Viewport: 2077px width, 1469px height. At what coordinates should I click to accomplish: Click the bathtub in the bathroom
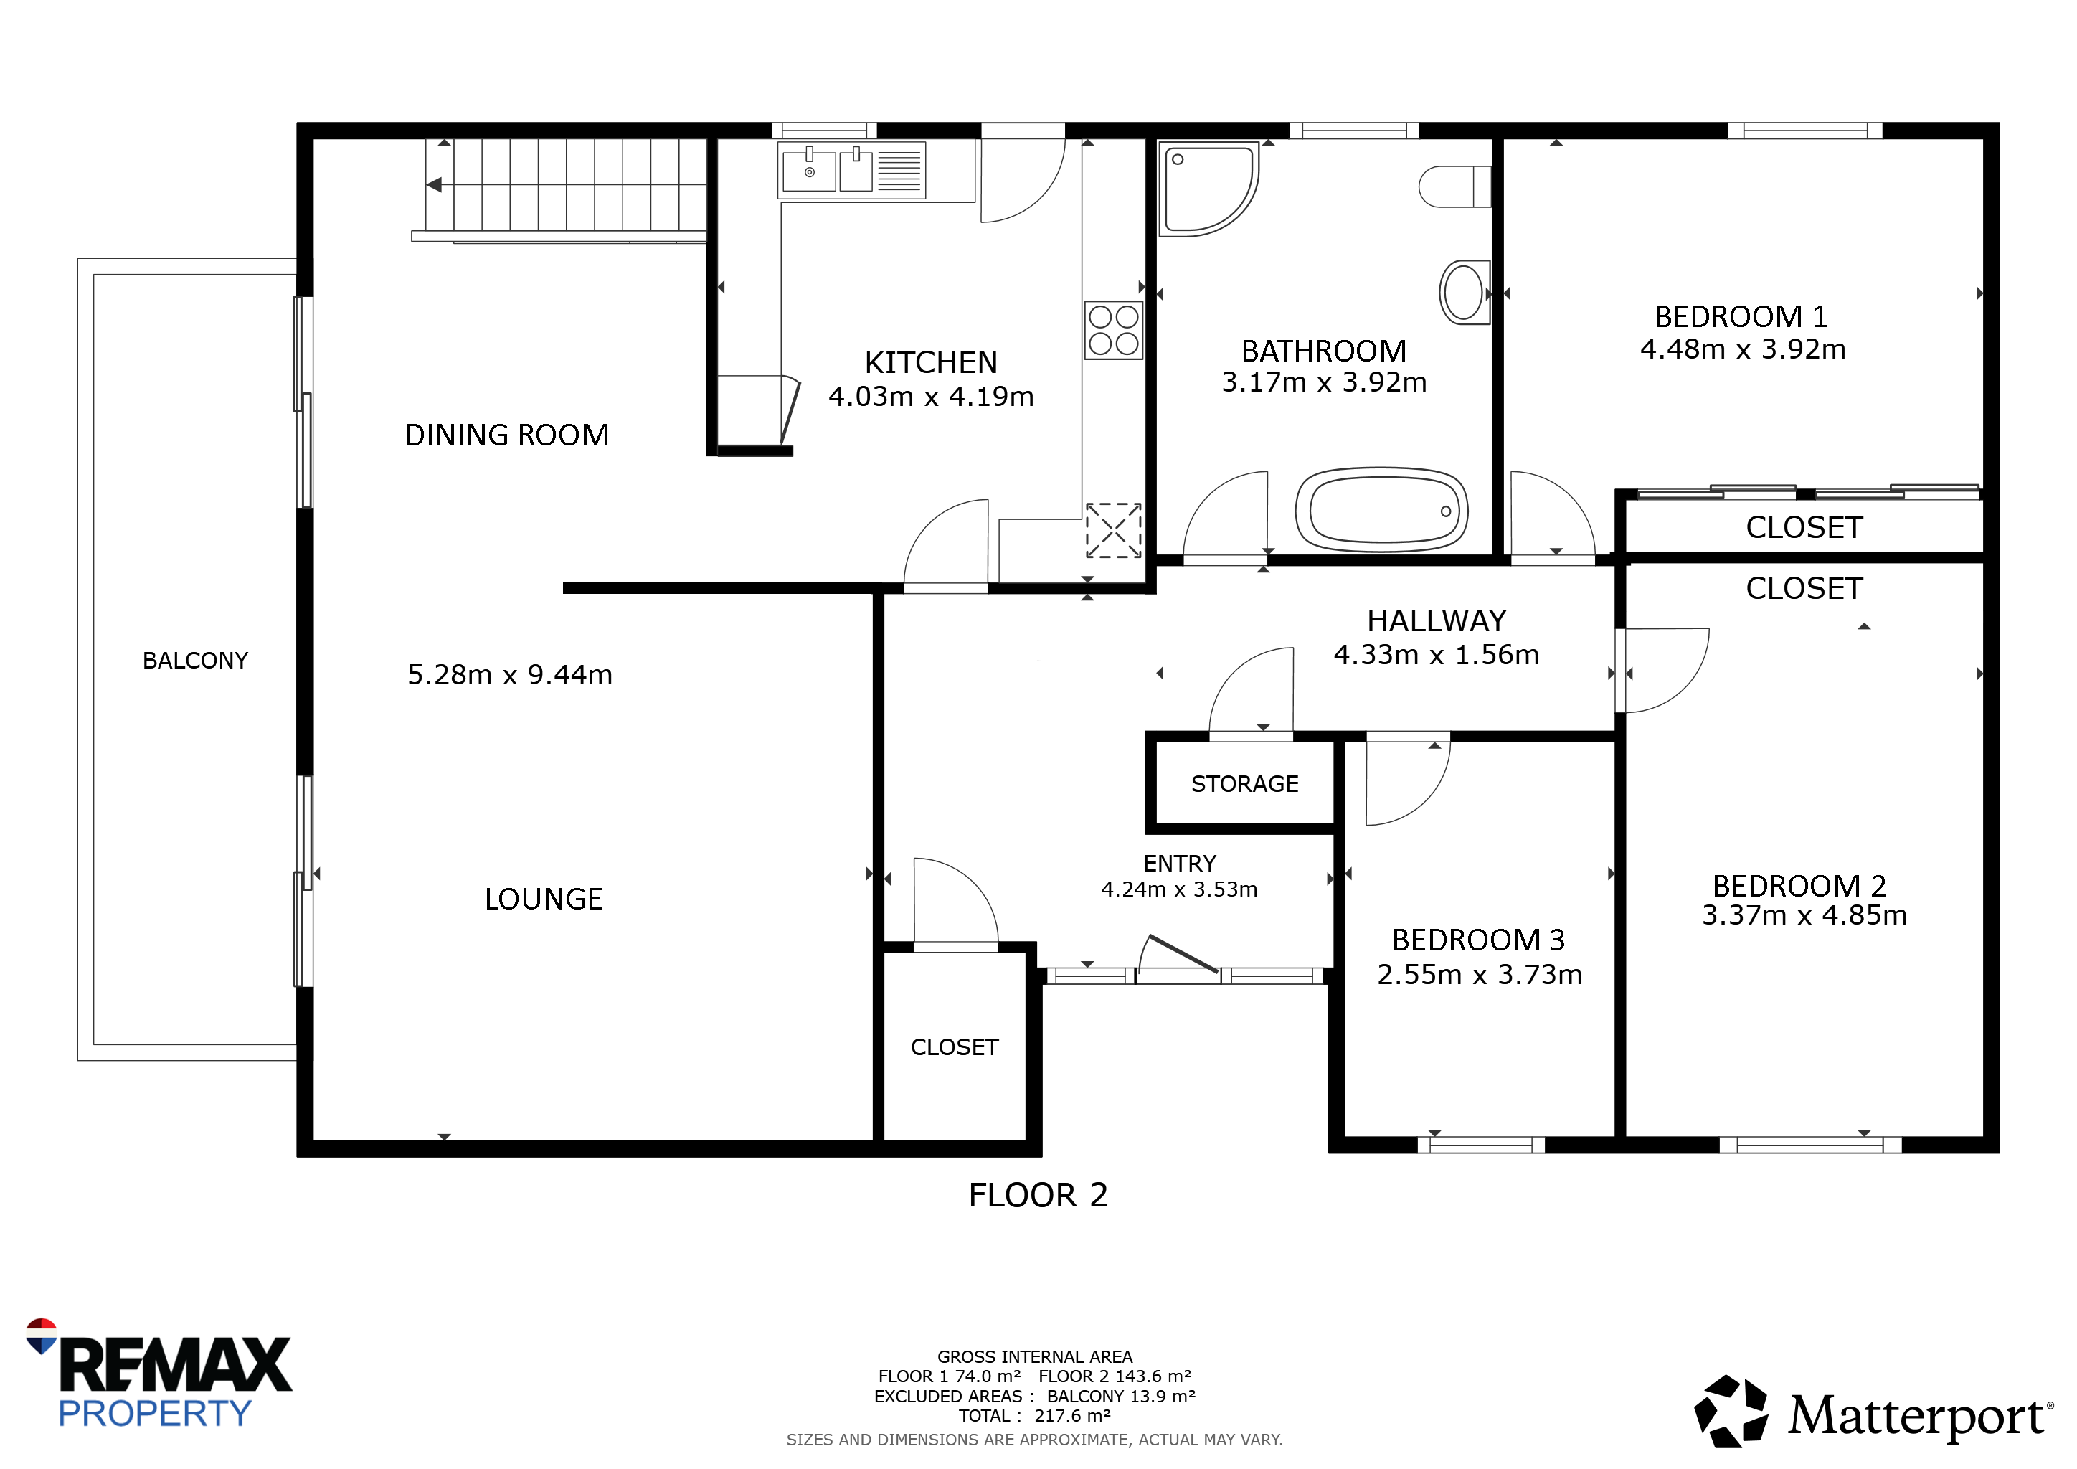[1381, 509]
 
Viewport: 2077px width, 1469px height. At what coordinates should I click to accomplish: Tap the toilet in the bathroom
[1454, 186]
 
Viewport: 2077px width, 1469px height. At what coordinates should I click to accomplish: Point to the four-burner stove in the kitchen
[1114, 330]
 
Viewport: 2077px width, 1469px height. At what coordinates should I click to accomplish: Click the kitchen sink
[851, 170]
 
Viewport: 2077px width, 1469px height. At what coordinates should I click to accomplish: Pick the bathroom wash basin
[1465, 291]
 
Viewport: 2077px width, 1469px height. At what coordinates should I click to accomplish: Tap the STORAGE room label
[1245, 783]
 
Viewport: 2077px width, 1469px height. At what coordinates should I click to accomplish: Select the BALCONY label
[195, 661]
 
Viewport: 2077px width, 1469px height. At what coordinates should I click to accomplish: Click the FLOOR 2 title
[1038, 1196]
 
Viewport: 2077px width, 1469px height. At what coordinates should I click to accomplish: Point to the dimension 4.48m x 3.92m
[1744, 349]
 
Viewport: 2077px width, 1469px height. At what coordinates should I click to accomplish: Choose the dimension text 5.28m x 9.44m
[510, 675]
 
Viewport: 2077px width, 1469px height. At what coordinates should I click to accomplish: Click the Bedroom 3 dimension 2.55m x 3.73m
[1480, 974]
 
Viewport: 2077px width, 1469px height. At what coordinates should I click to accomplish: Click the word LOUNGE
[544, 899]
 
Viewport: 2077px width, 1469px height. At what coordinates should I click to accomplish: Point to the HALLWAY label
[1437, 621]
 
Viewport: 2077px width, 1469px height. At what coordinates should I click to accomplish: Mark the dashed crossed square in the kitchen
[1114, 530]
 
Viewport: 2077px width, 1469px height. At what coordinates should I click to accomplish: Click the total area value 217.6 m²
[1073, 1416]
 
